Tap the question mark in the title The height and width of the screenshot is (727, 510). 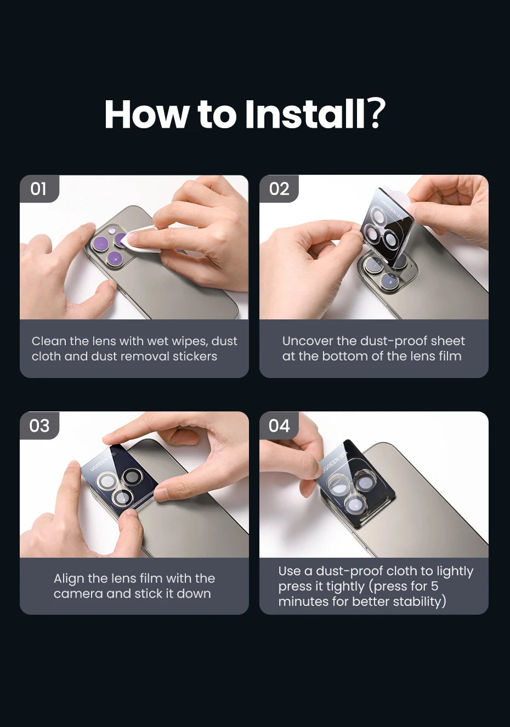tap(376, 113)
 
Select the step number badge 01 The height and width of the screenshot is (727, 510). tap(39, 189)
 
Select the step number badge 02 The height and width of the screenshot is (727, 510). tap(279, 189)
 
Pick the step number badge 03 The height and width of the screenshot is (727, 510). tap(39, 426)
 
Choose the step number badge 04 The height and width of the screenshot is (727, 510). tap(279, 426)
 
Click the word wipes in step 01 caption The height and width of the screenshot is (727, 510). tap(190, 342)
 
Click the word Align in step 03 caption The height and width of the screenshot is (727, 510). tap(69, 579)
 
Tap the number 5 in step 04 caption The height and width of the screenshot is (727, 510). tap(435, 586)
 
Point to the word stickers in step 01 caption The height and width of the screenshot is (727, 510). tap(195, 356)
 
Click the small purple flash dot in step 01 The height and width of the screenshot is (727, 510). tap(112, 231)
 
